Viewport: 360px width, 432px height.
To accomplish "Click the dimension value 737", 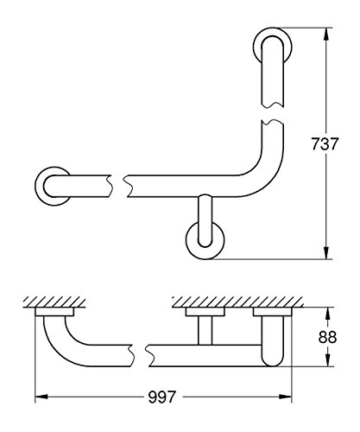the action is click(325, 143).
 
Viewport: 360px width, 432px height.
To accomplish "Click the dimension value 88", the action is click(327, 337).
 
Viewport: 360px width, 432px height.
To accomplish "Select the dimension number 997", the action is click(161, 397).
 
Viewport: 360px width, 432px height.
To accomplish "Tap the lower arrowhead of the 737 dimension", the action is click(326, 252).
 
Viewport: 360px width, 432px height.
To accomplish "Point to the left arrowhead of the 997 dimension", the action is click(41, 397).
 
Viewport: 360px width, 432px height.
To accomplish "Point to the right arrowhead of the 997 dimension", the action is click(285, 397).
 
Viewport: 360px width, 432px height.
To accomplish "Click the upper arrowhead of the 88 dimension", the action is click(327, 314).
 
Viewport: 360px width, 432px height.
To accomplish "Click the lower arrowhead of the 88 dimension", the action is click(327, 360).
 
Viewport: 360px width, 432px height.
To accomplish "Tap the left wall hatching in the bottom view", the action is click(54, 302).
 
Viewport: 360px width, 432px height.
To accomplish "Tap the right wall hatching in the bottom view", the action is click(237, 302).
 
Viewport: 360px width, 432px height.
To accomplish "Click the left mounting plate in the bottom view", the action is click(54, 312).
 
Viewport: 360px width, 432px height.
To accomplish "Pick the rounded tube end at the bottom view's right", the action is click(273, 341).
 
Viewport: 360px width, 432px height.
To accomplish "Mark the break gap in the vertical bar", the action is click(273, 114).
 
